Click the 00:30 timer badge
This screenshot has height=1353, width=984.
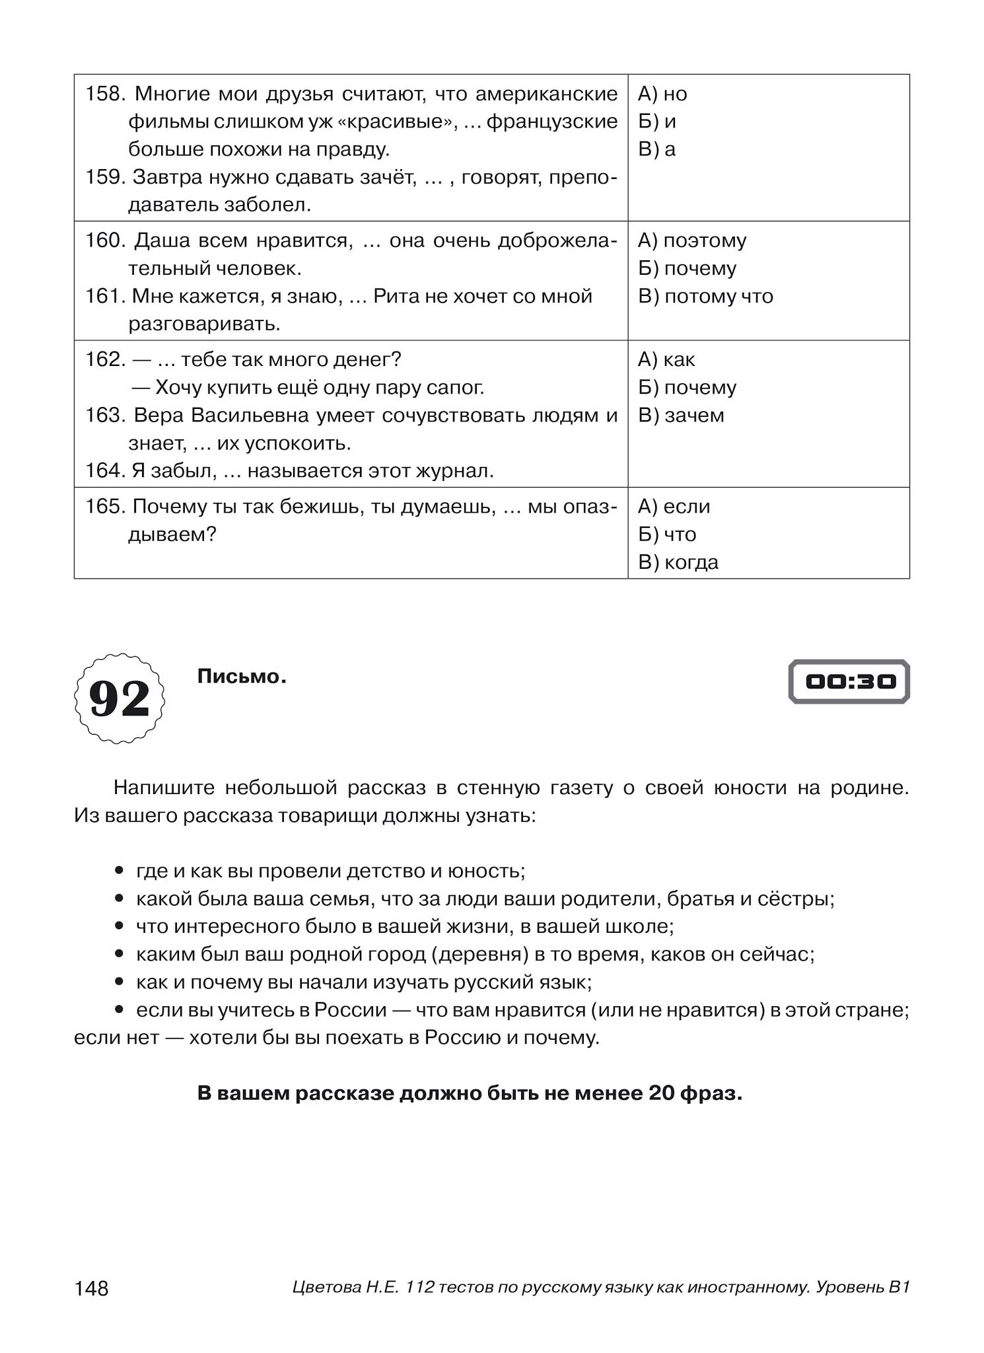849,681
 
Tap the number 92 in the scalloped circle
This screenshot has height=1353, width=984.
120,698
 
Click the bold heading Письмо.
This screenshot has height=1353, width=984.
242,676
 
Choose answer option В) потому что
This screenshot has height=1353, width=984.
705,296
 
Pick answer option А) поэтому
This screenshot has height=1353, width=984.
692,240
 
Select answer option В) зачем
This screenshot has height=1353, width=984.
681,416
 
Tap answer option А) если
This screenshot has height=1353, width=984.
674,507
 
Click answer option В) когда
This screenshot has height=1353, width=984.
678,562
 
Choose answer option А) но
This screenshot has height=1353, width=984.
662,94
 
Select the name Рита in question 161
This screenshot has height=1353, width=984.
394,296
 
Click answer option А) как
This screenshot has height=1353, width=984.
666,360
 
